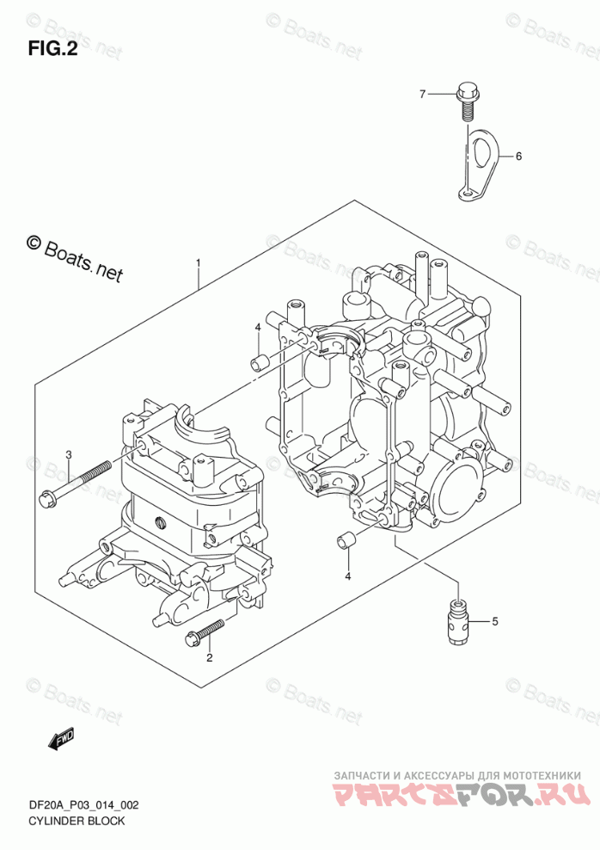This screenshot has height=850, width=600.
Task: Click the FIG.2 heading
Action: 52,49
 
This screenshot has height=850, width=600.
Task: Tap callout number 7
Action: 422,94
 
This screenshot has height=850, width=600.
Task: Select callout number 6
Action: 518,156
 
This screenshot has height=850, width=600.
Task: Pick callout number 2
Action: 209,658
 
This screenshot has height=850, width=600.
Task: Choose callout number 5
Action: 494,620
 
